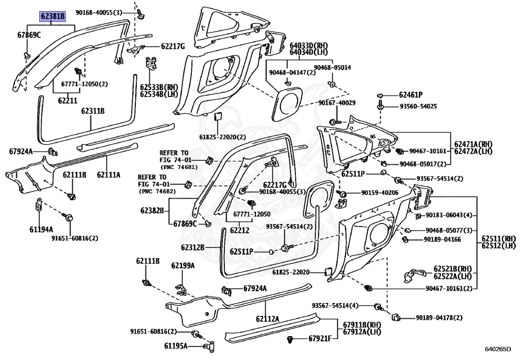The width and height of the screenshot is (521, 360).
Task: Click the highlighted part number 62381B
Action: click(53, 16)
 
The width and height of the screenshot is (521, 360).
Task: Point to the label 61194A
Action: click(41, 229)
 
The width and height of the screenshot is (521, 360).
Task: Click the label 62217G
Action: click(172, 46)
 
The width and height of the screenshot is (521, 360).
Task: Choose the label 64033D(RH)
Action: click(309, 45)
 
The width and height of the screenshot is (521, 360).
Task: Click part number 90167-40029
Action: click(337, 103)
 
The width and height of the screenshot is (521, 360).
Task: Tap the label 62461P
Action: click(411, 95)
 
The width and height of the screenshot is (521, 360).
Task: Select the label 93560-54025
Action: click(418, 106)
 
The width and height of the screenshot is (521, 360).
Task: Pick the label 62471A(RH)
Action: click(473, 145)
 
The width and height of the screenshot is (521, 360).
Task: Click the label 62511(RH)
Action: click(499, 238)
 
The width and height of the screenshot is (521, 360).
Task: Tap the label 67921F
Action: click(320, 339)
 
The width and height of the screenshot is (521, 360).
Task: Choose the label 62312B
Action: click(192, 247)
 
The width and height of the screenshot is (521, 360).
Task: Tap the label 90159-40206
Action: click(381, 193)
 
